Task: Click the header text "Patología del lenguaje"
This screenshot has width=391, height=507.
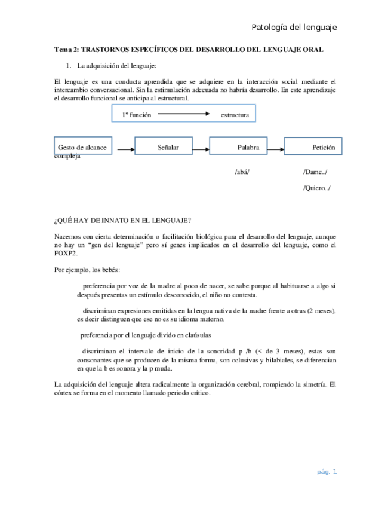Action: [x=294, y=28]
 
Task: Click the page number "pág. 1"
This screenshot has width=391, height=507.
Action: [x=327, y=472]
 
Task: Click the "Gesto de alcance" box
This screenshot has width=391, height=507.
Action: [x=82, y=147]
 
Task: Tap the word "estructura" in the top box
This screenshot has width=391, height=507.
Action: [x=235, y=114]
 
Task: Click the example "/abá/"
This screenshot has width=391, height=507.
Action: [x=242, y=172]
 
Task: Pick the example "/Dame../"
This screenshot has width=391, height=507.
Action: [x=315, y=172]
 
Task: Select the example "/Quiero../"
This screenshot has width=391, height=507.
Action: [x=317, y=188]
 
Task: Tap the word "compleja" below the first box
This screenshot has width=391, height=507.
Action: [x=67, y=157]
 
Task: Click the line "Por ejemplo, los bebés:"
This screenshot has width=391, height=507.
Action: [x=87, y=269]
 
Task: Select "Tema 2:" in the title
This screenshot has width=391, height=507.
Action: [x=66, y=50]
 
